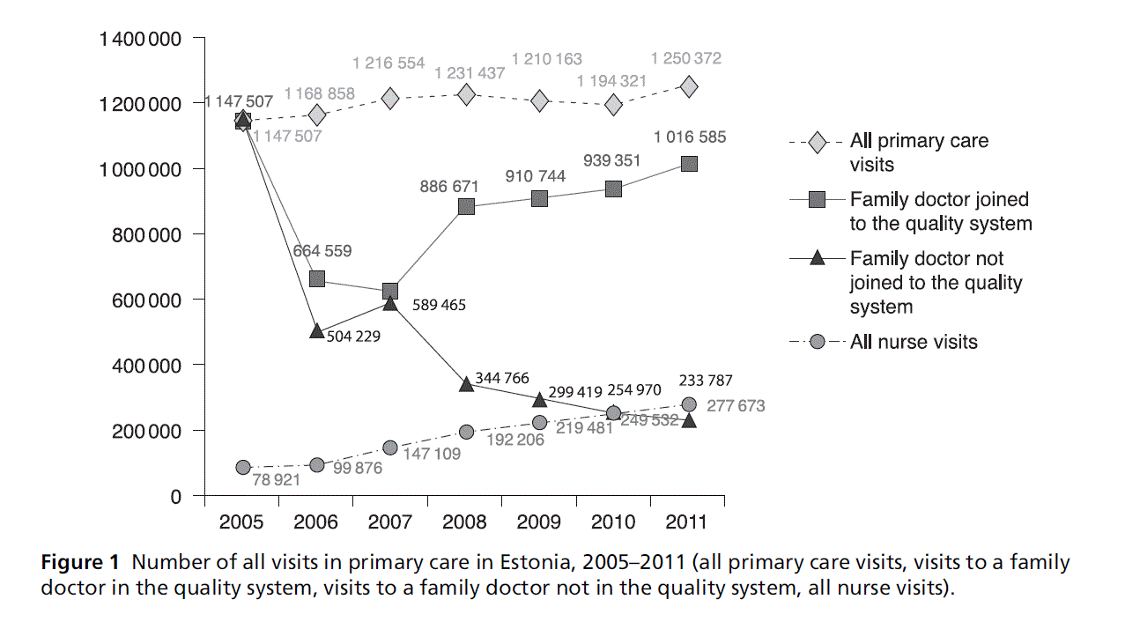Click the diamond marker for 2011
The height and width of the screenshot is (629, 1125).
point(689,86)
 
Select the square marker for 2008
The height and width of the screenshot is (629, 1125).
point(466,207)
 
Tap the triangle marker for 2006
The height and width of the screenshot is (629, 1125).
point(317,331)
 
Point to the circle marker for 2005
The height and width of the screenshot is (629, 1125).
point(243,468)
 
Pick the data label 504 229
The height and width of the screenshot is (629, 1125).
point(353,336)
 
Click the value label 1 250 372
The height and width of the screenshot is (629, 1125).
point(685,59)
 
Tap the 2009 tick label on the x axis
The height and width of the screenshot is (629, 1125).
point(539,522)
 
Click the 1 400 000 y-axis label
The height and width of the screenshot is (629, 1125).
point(141,39)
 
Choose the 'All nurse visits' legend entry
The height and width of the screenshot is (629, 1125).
point(914,342)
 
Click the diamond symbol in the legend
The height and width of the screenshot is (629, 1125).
point(817,142)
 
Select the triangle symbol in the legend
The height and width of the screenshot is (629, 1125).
point(817,258)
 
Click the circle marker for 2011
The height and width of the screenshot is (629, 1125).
point(689,404)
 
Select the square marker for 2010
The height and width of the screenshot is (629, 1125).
point(614,189)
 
